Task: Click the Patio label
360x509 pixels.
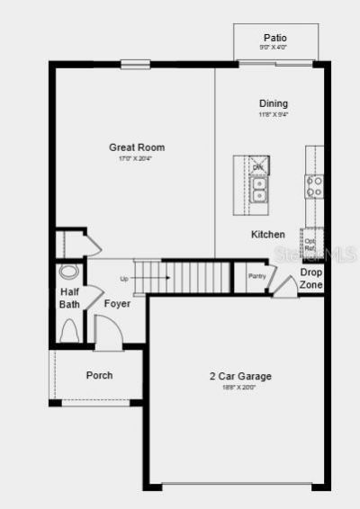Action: point(275,38)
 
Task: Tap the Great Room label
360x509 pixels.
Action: point(137,147)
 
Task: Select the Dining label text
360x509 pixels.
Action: point(274,103)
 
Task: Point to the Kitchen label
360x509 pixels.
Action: point(267,234)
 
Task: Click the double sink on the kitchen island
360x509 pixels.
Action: point(259,189)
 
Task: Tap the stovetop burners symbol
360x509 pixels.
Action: point(315,186)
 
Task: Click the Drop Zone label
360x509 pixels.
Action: point(311,278)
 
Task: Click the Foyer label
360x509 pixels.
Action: point(117,304)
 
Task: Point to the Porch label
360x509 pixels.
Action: point(99,375)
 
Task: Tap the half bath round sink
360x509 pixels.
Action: point(69,272)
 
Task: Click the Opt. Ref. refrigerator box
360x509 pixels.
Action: point(310,243)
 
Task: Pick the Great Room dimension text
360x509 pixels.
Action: point(137,159)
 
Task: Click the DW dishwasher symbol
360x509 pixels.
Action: point(258,166)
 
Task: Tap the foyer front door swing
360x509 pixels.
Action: point(108,335)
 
